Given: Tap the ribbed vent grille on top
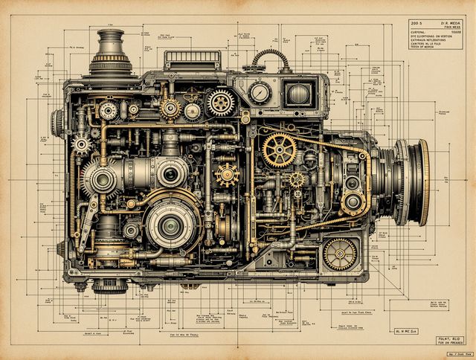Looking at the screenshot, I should click(x=192, y=60).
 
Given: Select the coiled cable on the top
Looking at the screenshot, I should click(x=271, y=59).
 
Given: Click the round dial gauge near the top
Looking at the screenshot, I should click(x=260, y=93).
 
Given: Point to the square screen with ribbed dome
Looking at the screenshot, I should click(x=298, y=94).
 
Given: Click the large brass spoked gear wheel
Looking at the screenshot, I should click(x=280, y=149).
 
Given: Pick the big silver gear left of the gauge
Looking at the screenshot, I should click(x=221, y=103).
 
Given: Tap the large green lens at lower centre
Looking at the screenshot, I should click(x=172, y=224).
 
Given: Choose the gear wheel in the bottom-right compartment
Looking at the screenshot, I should click(x=340, y=254).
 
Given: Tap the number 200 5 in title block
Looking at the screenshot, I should click(x=416, y=23).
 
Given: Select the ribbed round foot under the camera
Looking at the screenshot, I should click(x=109, y=285).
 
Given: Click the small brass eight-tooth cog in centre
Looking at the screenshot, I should click(x=227, y=175).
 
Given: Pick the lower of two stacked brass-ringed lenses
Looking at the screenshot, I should click(x=353, y=202).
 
